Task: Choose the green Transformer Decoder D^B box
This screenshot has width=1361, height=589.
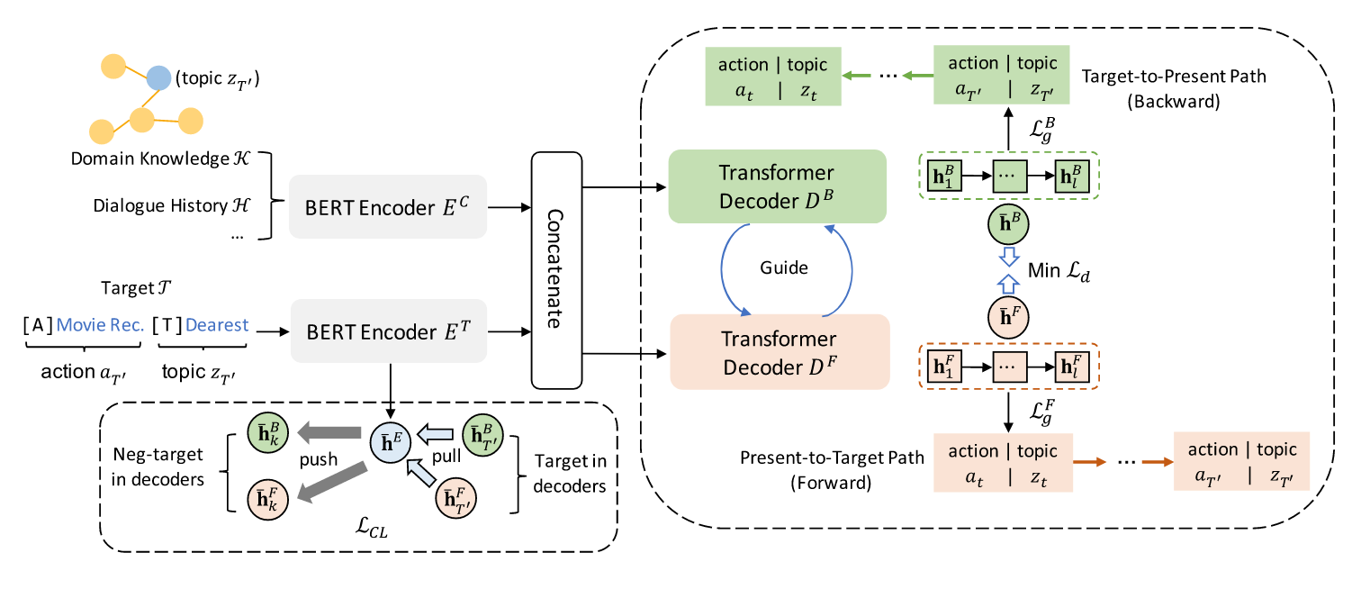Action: click(778, 186)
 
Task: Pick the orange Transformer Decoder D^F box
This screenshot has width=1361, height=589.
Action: click(778, 351)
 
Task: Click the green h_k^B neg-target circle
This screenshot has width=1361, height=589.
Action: click(266, 432)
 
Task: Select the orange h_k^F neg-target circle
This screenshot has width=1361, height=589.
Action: click(266, 496)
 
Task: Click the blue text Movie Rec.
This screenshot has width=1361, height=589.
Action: click(100, 325)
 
